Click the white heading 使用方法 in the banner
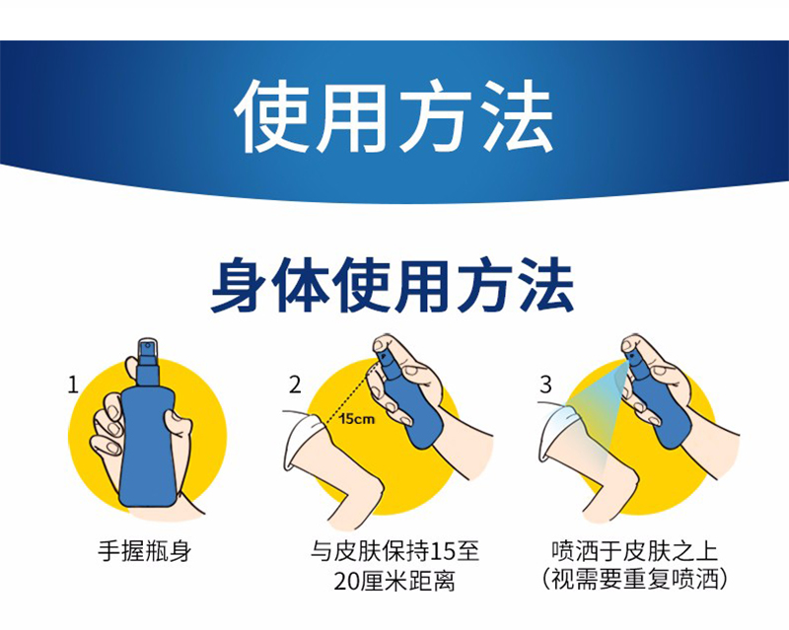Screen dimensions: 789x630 pyautogui.click(x=394, y=117)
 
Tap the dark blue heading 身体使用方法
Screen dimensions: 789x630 pyautogui.click(x=393, y=285)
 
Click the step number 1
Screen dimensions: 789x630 pyautogui.click(x=73, y=385)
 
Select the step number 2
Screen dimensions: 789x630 pyautogui.click(x=295, y=385)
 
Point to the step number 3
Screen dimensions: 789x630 pyautogui.click(x=546, y=385)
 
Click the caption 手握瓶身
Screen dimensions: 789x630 pyautogui.click(x=144, y=551)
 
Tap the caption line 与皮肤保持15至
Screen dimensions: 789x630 pyautogui.click(x=394, y=551)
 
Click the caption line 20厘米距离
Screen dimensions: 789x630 pyautogui.click(x=394, y=581)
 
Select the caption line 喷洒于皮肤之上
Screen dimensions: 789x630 pyautogui.click(x=635, y=551)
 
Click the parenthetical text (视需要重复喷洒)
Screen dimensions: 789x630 pyautogui.click(x=635, y=581)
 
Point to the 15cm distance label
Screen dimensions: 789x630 pyautogui.click(x=357, y=419)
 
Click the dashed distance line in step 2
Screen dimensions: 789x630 pyautogui.click(x=351, y=392)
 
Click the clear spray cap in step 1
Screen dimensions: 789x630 pyautogui.click(x=148, y=351)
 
